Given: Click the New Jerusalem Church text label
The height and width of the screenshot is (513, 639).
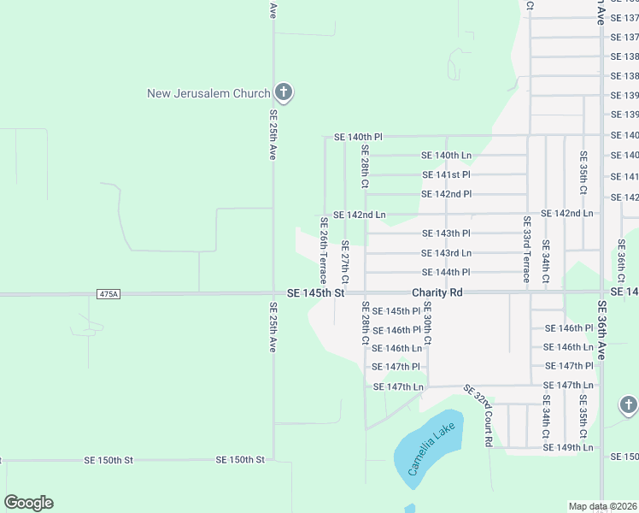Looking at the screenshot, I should [x=208, y=93].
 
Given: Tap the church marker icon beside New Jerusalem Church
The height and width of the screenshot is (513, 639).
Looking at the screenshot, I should [x=284, y=92].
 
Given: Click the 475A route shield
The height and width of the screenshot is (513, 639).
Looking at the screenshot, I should [x=109, y=294].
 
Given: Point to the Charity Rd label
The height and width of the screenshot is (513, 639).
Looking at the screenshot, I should [x=437, y=292].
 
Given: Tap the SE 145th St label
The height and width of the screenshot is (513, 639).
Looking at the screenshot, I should [x=315, y=292].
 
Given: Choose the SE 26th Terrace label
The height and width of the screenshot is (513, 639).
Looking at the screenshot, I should [x=324, y=251].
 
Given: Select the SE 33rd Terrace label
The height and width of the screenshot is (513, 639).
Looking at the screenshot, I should [x=526, y=249].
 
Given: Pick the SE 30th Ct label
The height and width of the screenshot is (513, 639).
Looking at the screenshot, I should [x=427, y=323].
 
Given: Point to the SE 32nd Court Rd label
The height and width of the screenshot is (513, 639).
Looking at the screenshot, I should [x=479, y=416].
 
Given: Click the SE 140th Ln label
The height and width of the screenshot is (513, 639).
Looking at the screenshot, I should [x=446, y=156].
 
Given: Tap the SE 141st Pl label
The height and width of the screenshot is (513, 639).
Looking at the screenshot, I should [x=446, y=175].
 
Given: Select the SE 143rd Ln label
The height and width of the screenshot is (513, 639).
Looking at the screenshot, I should [x=446, y=253].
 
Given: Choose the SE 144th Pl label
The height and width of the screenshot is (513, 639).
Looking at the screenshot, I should [x=446, y=272].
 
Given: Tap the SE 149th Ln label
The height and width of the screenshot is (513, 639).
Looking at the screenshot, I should [x=568, y=447].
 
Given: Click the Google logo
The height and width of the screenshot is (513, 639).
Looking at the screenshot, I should [x=28, y=503].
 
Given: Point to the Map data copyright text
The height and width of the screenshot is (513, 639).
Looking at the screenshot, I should [x=602, y=506].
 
